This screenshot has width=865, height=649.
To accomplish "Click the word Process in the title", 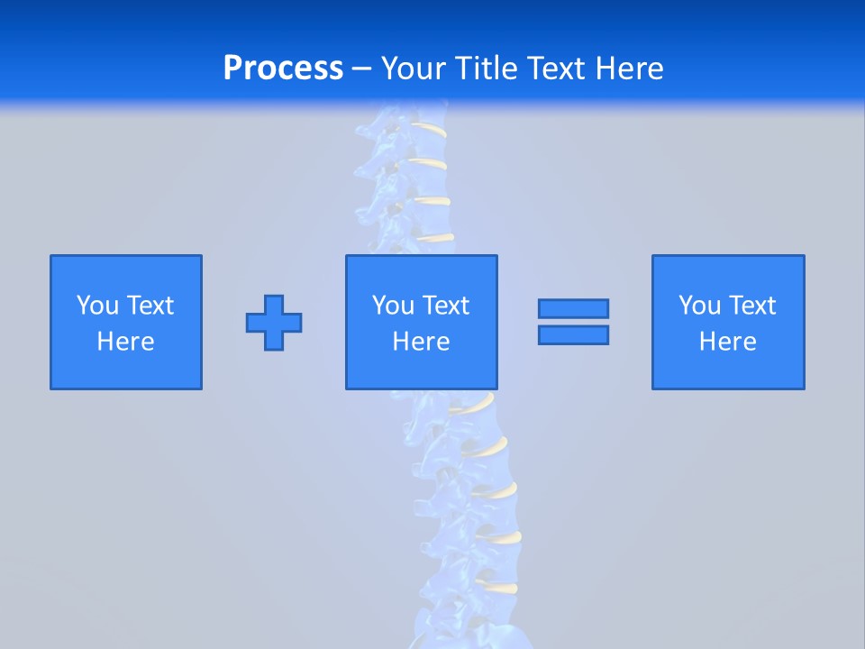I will pos(283,69).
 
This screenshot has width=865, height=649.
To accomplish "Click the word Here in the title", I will pos(630,69).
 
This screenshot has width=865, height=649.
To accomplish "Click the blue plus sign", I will pos(274,323).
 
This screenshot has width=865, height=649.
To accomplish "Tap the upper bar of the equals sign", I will pos(573,309).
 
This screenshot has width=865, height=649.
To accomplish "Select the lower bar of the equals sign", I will pos(573,334).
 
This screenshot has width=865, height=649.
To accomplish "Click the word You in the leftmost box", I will pos(97,306).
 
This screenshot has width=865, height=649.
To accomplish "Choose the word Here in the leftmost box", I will pos(125,342).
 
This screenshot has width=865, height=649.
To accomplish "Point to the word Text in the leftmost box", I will pos(149,306).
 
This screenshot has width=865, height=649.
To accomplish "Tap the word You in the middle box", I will pos(393,306).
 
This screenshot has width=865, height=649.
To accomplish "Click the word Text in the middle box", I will pos(444,306).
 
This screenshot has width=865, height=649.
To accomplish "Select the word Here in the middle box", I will pos(421,342).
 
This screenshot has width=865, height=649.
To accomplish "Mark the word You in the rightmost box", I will pos(699,306).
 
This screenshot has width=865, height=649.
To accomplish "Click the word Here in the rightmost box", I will pos(727,342).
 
